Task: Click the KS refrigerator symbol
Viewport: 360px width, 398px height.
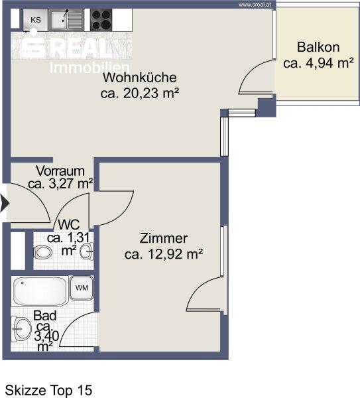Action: coord(35,20)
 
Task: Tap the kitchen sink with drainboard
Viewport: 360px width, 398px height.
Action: coord(66,20)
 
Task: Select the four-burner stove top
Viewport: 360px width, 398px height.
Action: coord(101,20)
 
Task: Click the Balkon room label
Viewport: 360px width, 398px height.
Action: coord(318,47)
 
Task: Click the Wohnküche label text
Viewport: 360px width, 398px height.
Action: coord(139,78)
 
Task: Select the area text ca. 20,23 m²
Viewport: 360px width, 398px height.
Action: coord(139,93)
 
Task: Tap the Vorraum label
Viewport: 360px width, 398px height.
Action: coord(60,171)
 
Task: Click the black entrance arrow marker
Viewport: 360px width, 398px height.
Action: coord(5,203)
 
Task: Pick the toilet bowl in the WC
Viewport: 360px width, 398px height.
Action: coord(42,253)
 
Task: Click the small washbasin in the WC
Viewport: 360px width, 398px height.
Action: coord(87,251)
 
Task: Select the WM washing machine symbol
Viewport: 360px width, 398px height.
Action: coord(82,288)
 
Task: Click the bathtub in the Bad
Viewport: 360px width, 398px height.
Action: coord(40,291)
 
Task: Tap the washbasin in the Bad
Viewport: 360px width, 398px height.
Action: coord(21,329)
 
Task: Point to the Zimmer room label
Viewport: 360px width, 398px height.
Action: coord(164,238)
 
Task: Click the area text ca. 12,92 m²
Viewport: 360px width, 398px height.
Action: coord(164,254)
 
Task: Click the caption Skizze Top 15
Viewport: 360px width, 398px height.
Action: coord(48,390)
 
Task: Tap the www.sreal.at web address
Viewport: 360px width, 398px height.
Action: coord(255,5)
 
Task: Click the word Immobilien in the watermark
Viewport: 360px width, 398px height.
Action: coord(90,68)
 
